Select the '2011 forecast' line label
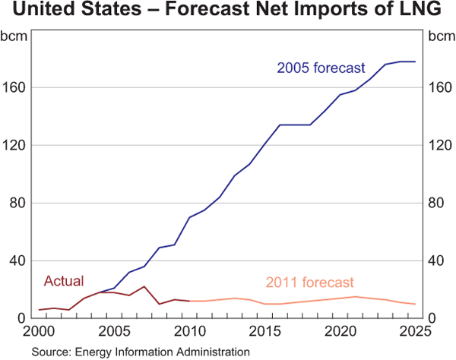click(310, 283)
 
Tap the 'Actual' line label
click(64, 281)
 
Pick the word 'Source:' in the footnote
click(49, 351)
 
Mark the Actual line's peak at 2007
click(144, 286)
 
